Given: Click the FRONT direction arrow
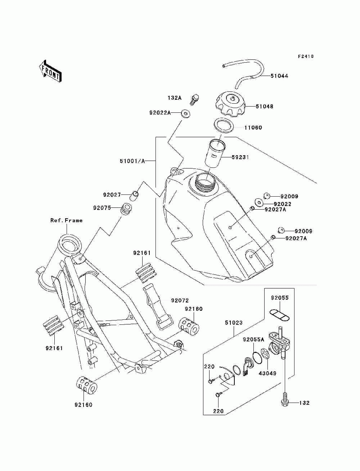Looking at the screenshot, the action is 50,71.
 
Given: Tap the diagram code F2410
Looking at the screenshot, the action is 306,56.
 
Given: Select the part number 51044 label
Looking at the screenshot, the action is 279,76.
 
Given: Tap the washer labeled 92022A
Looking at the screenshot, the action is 185,113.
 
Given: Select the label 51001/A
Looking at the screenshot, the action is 132,161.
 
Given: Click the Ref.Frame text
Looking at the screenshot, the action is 66,220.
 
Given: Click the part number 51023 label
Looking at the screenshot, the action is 234,328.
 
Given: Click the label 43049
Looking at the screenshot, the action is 267,373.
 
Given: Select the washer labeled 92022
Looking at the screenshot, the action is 259,203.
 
